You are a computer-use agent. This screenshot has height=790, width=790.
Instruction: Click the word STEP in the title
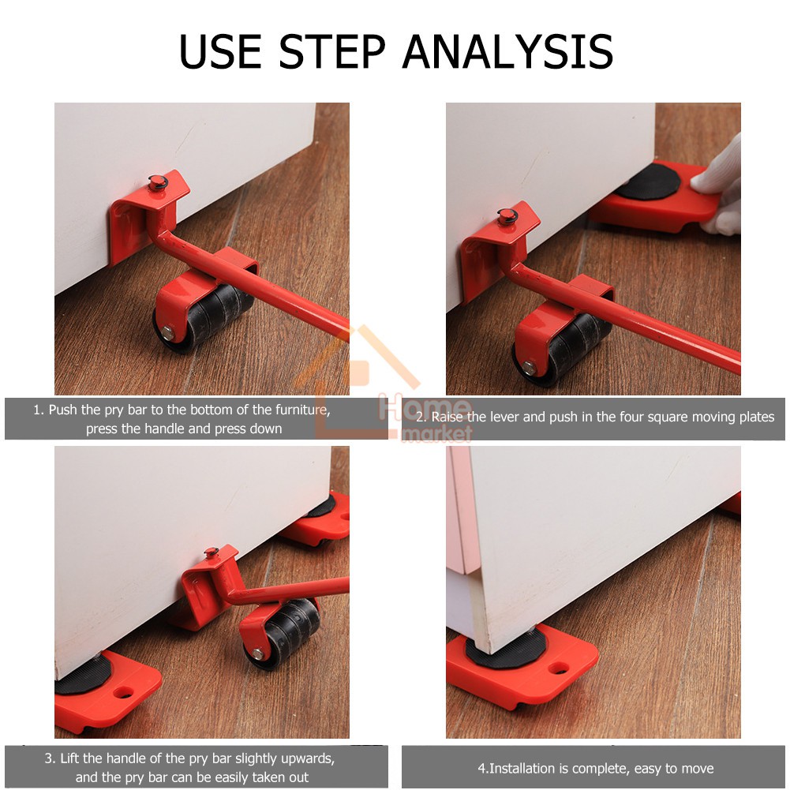tap(332, 51)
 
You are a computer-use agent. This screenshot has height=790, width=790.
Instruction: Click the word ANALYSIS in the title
tap(508, 51)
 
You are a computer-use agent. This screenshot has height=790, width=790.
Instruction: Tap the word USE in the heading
tap(221, 51)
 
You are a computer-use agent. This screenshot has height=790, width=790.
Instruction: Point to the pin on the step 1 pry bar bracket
tap(157, 182)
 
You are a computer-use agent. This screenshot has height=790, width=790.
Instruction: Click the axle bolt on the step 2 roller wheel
tap(529, 368)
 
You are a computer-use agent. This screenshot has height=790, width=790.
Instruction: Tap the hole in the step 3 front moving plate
tap(122, 692)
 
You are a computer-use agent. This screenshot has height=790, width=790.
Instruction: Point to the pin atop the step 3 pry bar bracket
tap(211, 552)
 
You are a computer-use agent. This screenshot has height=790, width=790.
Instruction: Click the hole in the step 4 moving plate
tap(558, 668)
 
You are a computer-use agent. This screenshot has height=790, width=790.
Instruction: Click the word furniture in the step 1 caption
tap(303, 410)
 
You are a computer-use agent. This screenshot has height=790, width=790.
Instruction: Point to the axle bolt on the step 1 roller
tap(167, 332)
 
